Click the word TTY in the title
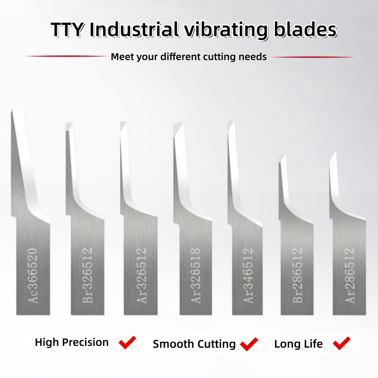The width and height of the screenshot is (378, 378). click(68, 29)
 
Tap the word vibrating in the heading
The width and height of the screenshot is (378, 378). click(226, 30)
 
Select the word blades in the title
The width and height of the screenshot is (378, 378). click(305, 29)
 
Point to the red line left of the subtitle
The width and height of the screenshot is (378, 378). click(66, 56)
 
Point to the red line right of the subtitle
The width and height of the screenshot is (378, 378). click(313, 57)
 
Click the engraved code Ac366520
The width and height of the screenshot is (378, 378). click(33, 275)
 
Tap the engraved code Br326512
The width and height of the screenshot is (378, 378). click(87, 275)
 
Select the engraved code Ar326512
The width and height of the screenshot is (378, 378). click(141, 275)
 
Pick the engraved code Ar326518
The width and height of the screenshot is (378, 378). click(195, 275)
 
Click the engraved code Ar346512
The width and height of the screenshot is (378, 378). click(248, 275)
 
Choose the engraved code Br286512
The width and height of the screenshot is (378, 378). click(297, 275)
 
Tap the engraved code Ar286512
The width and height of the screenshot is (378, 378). click(349, 275)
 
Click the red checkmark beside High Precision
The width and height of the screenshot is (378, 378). click(127, 342)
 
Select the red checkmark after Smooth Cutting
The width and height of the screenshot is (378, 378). click(249, 344)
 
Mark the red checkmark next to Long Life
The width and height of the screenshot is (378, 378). click(341, 343)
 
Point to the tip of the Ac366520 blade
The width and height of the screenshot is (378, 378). click(11, 110)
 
